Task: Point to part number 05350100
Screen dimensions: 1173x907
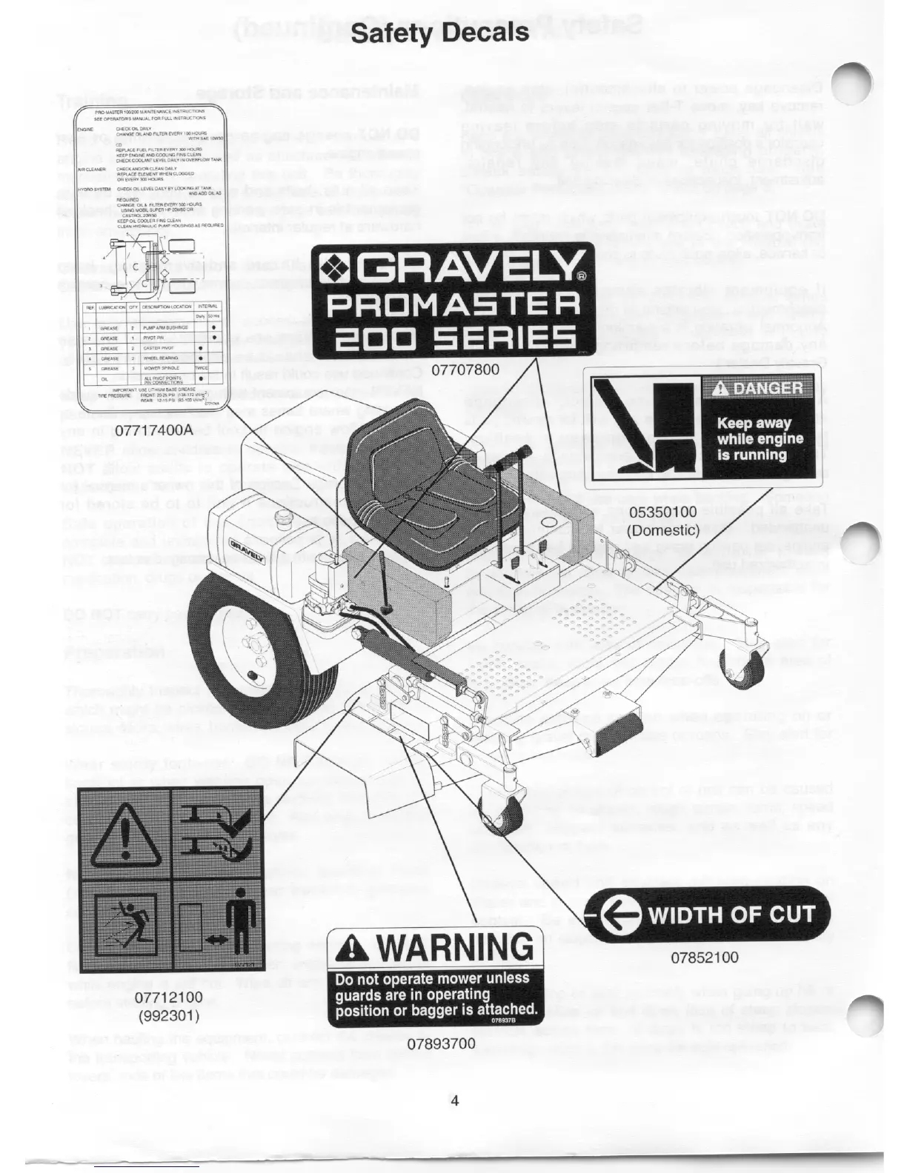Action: (663, 512)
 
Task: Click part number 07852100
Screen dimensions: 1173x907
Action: (705, 957)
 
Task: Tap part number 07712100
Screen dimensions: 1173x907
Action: (171, 998)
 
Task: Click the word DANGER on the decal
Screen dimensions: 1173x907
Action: (757, 388)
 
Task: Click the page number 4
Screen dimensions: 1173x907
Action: (454, 1100)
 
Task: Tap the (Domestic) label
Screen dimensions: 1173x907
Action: (663, 530)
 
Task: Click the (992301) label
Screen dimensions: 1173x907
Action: (171, 1015)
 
